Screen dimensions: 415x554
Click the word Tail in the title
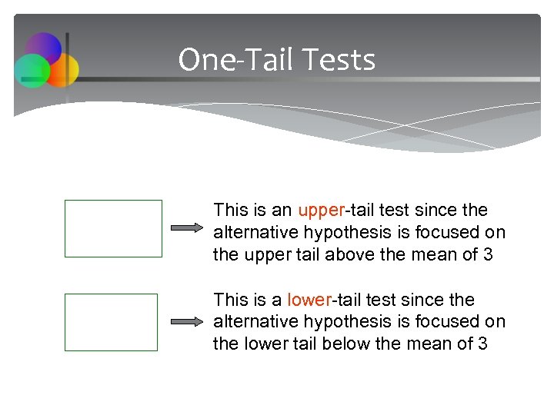click(266, 60)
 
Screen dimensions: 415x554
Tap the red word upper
click(322, 211)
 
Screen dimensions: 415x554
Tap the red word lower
click(311, 300)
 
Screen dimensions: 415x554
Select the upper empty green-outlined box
click(113, 228)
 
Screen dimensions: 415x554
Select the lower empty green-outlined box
click(111, 322)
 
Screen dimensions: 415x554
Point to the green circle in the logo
click(32, 71)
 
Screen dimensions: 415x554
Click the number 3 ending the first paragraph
click(488, 254)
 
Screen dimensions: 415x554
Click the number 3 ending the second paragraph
click(482, 344)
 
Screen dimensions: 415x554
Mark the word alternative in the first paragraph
click(251, 233)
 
